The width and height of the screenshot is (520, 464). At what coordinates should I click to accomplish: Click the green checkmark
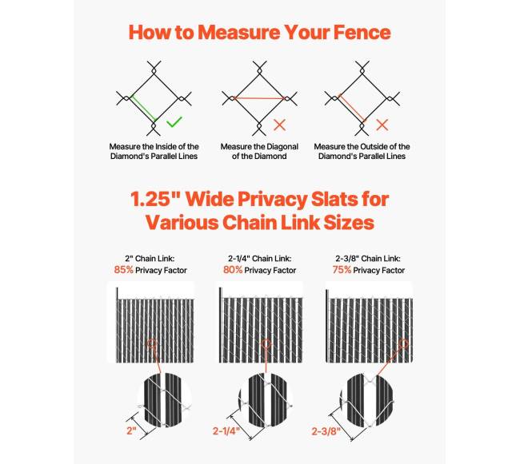click(x=174, y=121)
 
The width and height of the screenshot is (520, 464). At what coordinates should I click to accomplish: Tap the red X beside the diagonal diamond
click(x=279, y=125)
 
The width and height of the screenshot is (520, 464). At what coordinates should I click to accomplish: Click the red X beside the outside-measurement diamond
click(x=382, y=125)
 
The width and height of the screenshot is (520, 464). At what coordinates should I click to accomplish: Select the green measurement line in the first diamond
click(x=143, y=108)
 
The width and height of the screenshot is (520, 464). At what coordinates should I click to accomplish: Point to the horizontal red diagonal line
click(x=259, y=98)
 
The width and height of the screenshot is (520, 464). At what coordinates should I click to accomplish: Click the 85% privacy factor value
click(x=123, y=270)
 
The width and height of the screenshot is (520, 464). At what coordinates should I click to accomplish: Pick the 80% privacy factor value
click(x=233, y=270)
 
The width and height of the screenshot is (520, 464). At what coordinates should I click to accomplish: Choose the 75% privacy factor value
click(x=342, y=270)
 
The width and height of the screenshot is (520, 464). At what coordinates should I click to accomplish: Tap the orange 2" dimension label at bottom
click(x=131, y=430)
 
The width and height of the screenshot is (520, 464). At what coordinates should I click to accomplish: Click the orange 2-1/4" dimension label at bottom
click(x=226, y=431)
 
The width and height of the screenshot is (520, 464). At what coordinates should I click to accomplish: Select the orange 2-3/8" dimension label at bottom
click(x=326, y=431)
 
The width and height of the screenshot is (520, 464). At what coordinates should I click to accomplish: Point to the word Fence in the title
click(x=362, y=32)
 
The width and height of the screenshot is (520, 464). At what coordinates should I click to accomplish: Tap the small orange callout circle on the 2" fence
click(x=152, y=344)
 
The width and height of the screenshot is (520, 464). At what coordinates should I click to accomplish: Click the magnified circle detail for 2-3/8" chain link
click(x=367, y=400)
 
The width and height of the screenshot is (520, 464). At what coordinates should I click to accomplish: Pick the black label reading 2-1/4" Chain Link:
click(x=260, y=258)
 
